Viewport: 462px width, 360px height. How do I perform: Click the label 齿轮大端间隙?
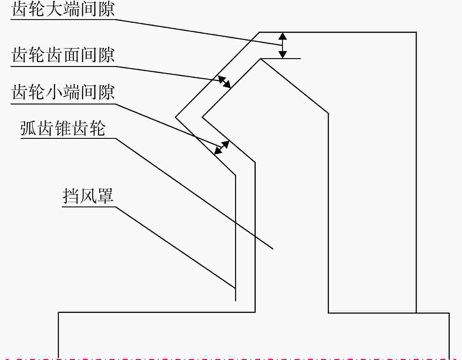pyautogui.click(x=63, y=10)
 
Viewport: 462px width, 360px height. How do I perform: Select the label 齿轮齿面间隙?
pyautogui.click(x=63, y=55)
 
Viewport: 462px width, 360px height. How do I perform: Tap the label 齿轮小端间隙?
pyautogui.click(x=63, y=92)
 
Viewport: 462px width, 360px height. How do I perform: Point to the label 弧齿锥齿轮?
pyautogui.click(x=63, y=128)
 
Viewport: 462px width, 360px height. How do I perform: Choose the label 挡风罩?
pyautogui.click(x=88, y=196)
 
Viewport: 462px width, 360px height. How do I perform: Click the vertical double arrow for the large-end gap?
pyautogui.click(x=282, y=45)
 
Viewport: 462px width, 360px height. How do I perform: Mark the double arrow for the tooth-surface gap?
pyautogui.click(x=224, y=82)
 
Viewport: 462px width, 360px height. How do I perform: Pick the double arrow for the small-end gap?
pyautogui.click(x=222, y=147)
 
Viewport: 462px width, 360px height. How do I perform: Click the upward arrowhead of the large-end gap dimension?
pyautogui.click(x=282, y=36)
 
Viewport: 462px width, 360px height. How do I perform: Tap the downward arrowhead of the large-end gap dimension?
pyautogui.click(x=282, y=55)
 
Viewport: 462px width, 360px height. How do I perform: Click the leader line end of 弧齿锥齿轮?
pyautogui.click(x=273, y=249)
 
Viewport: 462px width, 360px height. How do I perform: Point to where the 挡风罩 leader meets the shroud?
pyautogui.click(x=235, y=288)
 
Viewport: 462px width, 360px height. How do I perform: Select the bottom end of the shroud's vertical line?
pyautogui.click(x=236, y=301)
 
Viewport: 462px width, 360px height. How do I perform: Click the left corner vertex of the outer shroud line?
pyautogui.click(x=175, y=117)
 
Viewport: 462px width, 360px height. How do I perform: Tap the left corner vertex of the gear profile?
pyautogui.click(x=202, y=117)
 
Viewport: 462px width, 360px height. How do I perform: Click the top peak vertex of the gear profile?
pyautogui.click(x=260, y=59)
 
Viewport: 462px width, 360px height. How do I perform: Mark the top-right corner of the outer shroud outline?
pyautogui.click(x=416, y=32)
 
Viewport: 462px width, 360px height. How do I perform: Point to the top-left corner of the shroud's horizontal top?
pyautogui.click(x=259, y=32)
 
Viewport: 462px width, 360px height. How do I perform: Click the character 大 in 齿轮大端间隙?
pyautogui.click(x=55, y=10)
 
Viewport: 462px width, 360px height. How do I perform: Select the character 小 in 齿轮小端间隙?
pyautogui.click(x=55, y=92)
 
